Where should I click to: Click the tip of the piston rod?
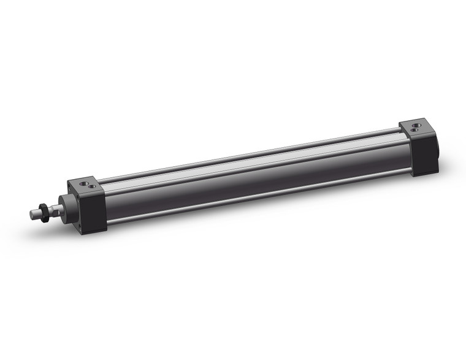[x=32, y=213]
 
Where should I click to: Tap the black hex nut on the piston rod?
[x=44, y=211]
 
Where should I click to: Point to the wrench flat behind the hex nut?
[x=54, y=209]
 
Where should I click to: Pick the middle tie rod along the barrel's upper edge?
[x=245, y=161]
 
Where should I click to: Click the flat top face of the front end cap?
[x=86, y=186]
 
